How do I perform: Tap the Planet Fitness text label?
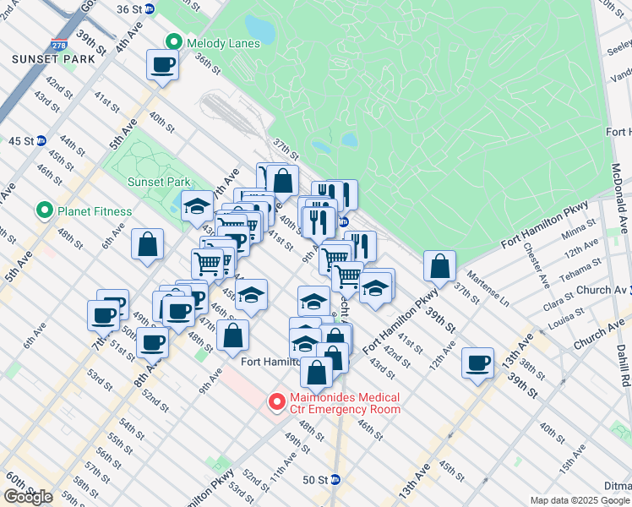pyautogui.click(x=95, y=211)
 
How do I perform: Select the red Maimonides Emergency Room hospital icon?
pyautogui.click(x=275, y=402)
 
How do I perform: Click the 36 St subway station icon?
pyautogui.click(x=150, y=8)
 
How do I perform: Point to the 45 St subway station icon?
pyautogui.click(x=41, y=140)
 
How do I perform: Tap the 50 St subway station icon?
pyautogui.click(x=335, y=479)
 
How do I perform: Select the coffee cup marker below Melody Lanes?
pyautogui.click(x=163, y=64)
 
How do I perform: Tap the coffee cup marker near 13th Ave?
pyautogui.click(x=478, y=363)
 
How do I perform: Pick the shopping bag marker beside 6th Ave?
pyautogui.click(x=147, y=244)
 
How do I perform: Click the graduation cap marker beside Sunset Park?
pyautogui.click(x=197, y=205)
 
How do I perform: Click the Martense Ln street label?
pyautogui.click(x=493, y=295)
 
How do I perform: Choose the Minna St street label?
pyautogui.click(x=578, y=232)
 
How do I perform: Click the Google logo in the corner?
pyautogui.click(x=27, y=497)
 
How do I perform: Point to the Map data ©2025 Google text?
pyautogui.click(x=579, y=500)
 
